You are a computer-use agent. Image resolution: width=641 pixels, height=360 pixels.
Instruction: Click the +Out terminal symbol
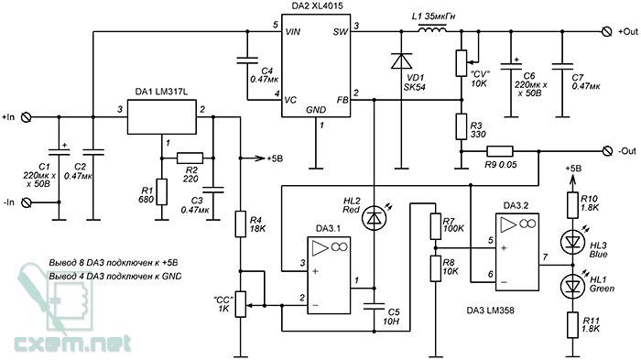(607, 32)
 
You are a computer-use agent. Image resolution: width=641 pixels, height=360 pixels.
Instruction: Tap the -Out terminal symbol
(607, 151)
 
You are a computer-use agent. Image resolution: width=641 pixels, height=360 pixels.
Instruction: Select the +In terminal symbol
(26, 117)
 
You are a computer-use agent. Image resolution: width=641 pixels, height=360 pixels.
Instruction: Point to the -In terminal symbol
(26, 202)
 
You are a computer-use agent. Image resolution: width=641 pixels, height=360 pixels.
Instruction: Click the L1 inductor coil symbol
(431, 29)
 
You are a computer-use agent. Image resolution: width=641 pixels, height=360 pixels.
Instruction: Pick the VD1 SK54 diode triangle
(401, 61)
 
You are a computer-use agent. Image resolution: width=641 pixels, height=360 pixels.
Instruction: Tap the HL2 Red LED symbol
(374, 218)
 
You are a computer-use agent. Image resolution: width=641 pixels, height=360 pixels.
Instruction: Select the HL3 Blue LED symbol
(572, 242)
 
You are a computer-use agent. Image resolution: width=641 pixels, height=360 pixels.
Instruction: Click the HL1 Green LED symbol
(572, 286)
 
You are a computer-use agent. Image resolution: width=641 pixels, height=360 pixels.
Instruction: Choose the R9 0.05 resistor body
(500, 151)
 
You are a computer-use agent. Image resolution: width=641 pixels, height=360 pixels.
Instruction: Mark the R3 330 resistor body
(462, 126)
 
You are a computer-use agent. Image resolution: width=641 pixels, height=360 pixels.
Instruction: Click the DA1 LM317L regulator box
(161, 117)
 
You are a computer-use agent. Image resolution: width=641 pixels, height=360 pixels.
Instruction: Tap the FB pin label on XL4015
(342, 100)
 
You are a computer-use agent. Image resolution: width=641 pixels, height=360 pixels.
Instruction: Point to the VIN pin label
(293, 31)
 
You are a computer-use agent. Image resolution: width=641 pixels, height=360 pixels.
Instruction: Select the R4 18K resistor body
(240, 224)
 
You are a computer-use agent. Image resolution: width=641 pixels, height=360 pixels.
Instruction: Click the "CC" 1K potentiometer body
(240, 304)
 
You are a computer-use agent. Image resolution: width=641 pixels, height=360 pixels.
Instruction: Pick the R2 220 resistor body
(190, 158)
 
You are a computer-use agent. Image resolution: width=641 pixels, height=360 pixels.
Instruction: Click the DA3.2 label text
(516, 205)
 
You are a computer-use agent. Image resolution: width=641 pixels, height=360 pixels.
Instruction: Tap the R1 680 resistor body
(162, 191)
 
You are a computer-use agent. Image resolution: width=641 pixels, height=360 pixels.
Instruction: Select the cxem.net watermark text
(72, 344)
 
